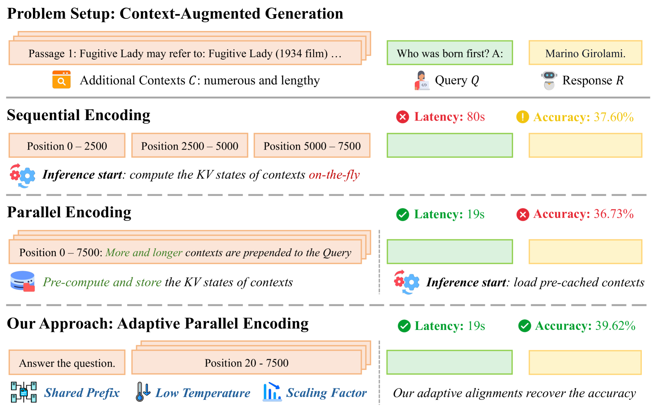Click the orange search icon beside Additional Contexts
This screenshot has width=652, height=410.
[x=62, y=80]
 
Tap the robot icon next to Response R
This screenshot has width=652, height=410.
[x=549, y=80]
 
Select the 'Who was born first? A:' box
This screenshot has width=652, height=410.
[x=450, y=53]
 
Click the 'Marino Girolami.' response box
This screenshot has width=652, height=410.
[x=585, y=53]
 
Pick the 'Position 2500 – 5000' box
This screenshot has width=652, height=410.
[x=189, y=146]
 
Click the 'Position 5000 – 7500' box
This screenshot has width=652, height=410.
[x=312, y=146]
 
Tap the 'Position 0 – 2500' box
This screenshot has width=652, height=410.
[x=67, y=146]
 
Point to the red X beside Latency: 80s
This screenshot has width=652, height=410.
[x=402, y=117]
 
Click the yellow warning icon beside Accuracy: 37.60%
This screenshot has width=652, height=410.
[x=522, y=117]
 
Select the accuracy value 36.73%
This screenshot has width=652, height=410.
[x=614, y=214]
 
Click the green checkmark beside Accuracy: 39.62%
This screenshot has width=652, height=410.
[x=525, y=326]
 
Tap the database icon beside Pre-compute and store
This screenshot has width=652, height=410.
[x=23, y=281]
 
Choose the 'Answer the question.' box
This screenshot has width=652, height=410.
[x=67, y=363]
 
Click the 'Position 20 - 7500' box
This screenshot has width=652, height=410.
[x=246, y=363]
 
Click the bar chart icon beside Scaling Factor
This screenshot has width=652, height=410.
[x=272, y=392]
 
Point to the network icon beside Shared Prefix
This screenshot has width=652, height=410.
[x=24, y=392]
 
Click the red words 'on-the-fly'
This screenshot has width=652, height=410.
[x=334, y=175]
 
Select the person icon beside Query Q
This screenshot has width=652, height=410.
[x=422, y=80]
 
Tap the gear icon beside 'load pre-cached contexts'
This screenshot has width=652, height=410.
[x=407, y=282]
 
